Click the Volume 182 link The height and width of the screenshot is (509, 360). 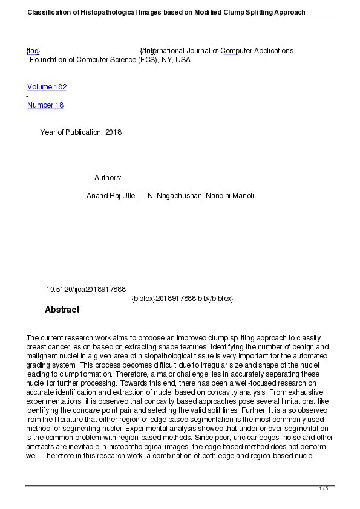pos(47,87)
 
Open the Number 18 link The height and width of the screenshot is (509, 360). pos(45,105)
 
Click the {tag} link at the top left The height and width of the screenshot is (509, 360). pos(33,51)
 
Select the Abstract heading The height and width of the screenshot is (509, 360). pos(62,310)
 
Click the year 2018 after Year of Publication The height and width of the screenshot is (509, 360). pos(113,132)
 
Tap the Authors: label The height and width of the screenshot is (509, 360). pos(108,178)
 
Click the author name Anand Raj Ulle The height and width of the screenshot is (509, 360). pos(111,196)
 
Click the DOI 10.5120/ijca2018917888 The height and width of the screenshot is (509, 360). pos(86,290)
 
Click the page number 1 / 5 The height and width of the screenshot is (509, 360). pos(324,488)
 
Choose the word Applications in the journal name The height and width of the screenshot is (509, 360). pos(270,51)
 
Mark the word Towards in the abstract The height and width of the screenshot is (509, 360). pos(136,383)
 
